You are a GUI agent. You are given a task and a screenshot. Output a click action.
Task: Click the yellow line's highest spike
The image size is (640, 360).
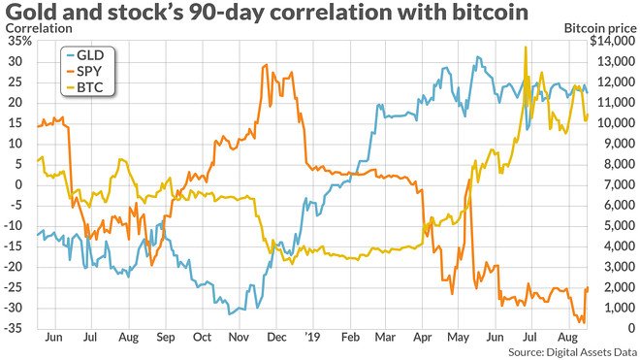point(525,47)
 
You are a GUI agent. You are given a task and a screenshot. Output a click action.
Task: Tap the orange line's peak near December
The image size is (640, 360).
point(265,66)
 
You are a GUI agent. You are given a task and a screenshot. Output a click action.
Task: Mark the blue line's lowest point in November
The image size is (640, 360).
point(230,314)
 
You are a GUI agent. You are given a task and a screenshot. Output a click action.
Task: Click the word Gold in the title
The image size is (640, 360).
point(29,13)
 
